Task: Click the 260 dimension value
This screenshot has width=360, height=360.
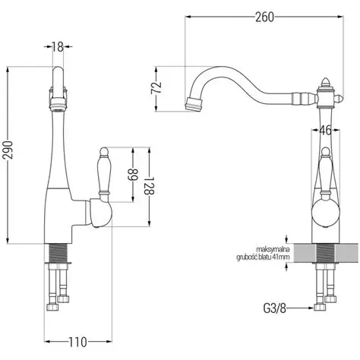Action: pyautogui.click(x=264, y=17)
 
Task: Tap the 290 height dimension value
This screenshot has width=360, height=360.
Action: pyautogui.click(x=8, y=150)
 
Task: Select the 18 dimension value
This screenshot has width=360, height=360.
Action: pyautogui.click(x=58, y=47)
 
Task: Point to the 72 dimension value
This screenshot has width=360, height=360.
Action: pyautogui.click(x=156, y=88)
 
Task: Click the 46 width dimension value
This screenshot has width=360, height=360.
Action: pyautogui.click(x=325, y=131)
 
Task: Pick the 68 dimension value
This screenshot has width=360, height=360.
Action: pyautogui.click(x=133, y=175)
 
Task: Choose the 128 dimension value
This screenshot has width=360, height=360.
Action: pyautogui.click(x=149, y=185)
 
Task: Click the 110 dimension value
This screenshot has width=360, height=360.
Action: pyautogui.click(x=77, y=343)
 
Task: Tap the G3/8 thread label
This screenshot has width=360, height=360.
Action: pyautogui.click(x=275, y=308)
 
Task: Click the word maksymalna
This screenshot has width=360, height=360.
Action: pyautogui.click(x=273, y=250)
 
